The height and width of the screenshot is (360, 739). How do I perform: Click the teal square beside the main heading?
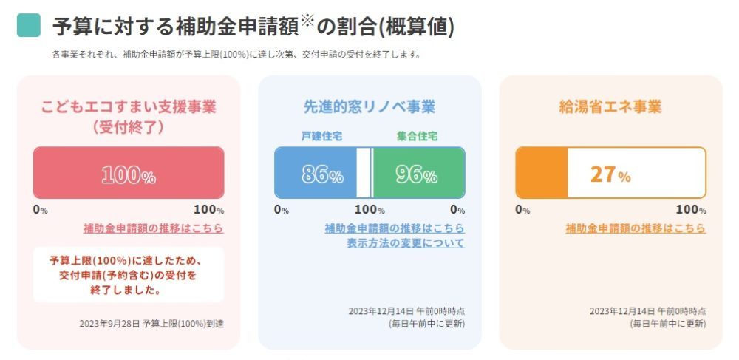(x=28, y=25)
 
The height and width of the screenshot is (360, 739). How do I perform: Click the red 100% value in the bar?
(x=129, y=174)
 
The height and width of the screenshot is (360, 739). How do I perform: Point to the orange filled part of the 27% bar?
(x=542, y=173)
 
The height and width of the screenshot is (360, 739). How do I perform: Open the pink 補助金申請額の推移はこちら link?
(x=154, y=228)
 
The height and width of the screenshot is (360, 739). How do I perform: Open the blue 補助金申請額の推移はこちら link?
(x=395, y=228)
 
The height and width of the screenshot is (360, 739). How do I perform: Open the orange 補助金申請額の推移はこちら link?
(x=636, y=228)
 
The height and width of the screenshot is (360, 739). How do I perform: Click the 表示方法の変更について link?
(x=406, y=242)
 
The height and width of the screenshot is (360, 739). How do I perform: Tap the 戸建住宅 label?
(x=321, y=137)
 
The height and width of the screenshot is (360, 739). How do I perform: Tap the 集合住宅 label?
(x=418, y=137)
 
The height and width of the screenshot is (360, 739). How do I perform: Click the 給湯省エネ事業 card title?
(x=610, y=106)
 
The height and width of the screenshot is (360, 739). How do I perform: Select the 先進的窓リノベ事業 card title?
(x=369, y=106)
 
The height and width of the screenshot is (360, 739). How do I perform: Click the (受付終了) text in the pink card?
(x=129, y=126)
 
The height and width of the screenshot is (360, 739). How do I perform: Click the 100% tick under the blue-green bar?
(x=369, y=209)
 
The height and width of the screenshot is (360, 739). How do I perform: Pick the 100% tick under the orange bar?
(x=691, y=209)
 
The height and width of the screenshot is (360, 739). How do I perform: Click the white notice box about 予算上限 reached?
(x=129, y=275)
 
